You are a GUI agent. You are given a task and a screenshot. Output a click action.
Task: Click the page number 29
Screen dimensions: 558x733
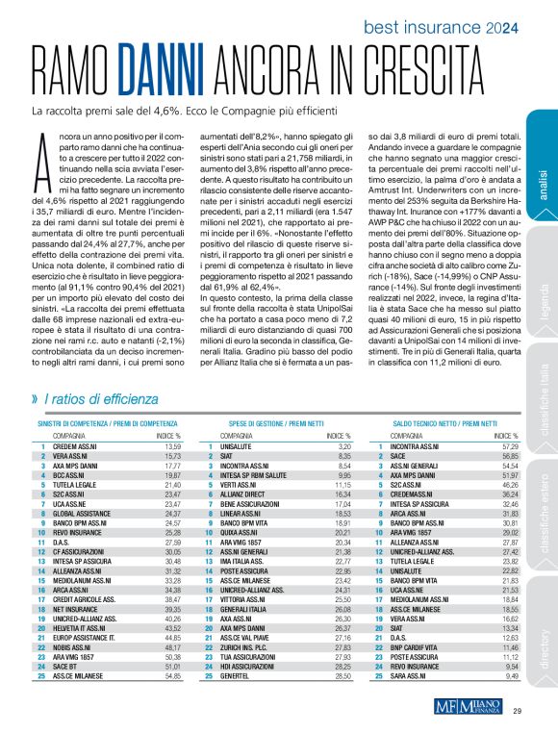(517, 712)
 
